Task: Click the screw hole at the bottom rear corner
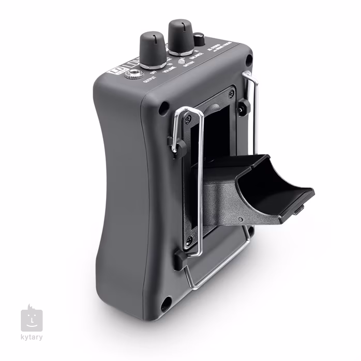[166, 304]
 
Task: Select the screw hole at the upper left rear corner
[164, 108]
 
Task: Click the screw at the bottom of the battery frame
[189, 240]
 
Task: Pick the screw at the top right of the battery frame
[231, 93]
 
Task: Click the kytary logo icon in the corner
[32, 320]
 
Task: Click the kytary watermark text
[32, 338]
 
